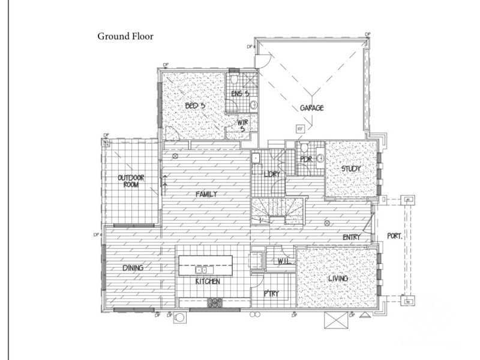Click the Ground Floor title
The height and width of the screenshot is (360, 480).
[x=125, y=37]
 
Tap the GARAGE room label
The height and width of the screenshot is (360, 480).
[x=311, y=108]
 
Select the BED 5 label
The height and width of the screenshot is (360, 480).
[x=195, y=106]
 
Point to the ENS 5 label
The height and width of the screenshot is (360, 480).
[x=240, y=94]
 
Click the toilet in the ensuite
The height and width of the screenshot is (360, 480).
[x=235, y=79]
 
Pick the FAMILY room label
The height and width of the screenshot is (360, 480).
[x=206, y=194]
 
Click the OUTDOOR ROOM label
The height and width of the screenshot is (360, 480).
[x=131, y=181]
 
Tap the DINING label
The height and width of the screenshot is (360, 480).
[x=133, y=268]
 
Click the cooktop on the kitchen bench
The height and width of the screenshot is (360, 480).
[x=215, y=302]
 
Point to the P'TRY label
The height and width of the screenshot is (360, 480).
[x=271, y=293]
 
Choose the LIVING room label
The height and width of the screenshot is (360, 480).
[x=338, y=278]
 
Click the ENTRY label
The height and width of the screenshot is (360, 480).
[x=352, y=237]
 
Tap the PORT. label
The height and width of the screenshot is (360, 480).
[x=395, y=236]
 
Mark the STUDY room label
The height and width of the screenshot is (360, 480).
[x=351, y=169]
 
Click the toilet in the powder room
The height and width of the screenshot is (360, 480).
[x=304, y=147]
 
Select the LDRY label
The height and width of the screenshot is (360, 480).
[x=272, y=174]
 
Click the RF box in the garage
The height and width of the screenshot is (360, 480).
[x=300, y=129]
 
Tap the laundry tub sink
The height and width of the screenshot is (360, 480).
[x=256, y=158]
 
